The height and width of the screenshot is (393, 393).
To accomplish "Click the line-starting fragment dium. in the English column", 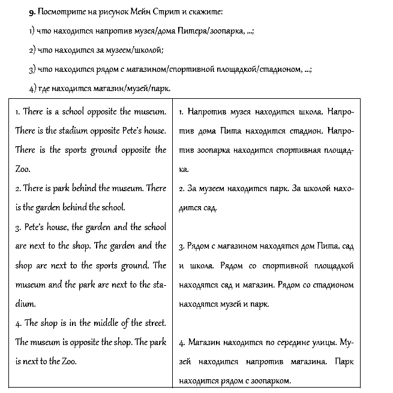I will click(25, 304).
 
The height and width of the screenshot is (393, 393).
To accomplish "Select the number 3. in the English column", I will click(19, 228).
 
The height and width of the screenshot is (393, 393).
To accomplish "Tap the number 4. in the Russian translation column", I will click(182, 343).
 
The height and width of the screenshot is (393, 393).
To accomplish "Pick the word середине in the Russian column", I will click(290, 343).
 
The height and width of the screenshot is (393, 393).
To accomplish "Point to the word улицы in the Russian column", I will click(325, 343).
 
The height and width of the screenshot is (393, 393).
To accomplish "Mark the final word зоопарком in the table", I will click(269, 381).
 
